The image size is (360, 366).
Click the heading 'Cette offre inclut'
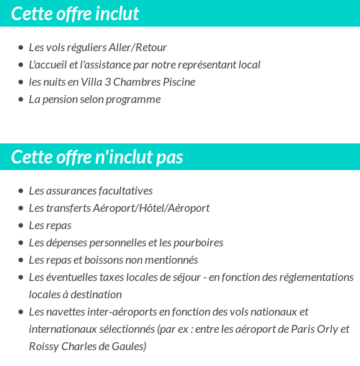click(75, 14)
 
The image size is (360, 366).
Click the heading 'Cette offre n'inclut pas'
click(97, 157)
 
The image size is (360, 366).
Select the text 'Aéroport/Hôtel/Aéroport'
click(151, 208)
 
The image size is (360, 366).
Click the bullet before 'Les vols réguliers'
click(20, 48)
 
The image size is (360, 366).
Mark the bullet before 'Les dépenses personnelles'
click(20, 243)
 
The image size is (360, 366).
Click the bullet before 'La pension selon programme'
click(20, 99)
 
